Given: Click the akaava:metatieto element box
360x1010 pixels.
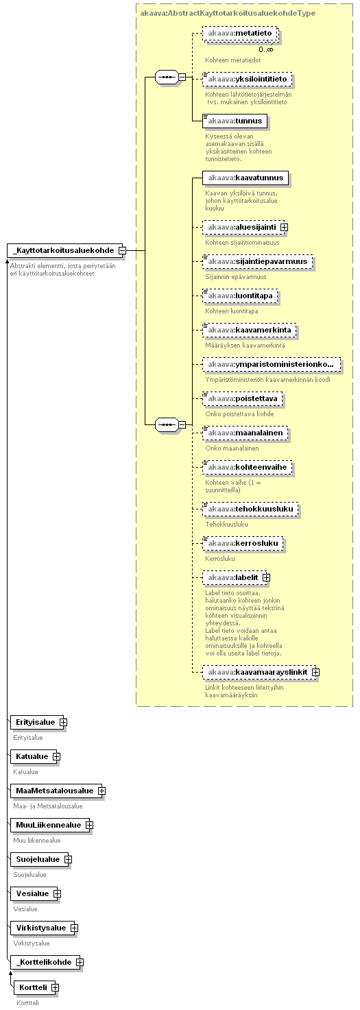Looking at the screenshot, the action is pos(240,34).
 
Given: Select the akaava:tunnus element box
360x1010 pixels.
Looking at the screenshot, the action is pos(235,121).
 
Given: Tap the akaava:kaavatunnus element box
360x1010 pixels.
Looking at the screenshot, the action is pos(245,178).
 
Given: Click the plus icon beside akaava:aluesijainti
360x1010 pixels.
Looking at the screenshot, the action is pos(284,227).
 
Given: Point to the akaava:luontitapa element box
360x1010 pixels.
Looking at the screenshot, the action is pos(240,296).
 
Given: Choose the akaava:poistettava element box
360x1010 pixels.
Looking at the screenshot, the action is pos(243,398).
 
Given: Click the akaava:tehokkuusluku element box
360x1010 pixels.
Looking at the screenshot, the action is pos(250,509).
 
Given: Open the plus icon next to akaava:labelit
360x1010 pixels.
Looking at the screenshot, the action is pos(266,577).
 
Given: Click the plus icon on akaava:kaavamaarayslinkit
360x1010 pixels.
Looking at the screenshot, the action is pos(315,672).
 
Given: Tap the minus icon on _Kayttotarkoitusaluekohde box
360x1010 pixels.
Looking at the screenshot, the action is pos(122,250).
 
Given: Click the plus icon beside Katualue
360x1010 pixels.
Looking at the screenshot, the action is pos(56,756).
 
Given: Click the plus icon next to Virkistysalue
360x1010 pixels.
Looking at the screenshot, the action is pos(74,928).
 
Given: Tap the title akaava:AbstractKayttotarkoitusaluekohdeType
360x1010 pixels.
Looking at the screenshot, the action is pos(228,13).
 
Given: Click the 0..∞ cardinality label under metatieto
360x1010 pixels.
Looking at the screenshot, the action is pos(266,49).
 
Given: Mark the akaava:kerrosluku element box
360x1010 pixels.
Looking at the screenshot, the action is pos(243,543).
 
